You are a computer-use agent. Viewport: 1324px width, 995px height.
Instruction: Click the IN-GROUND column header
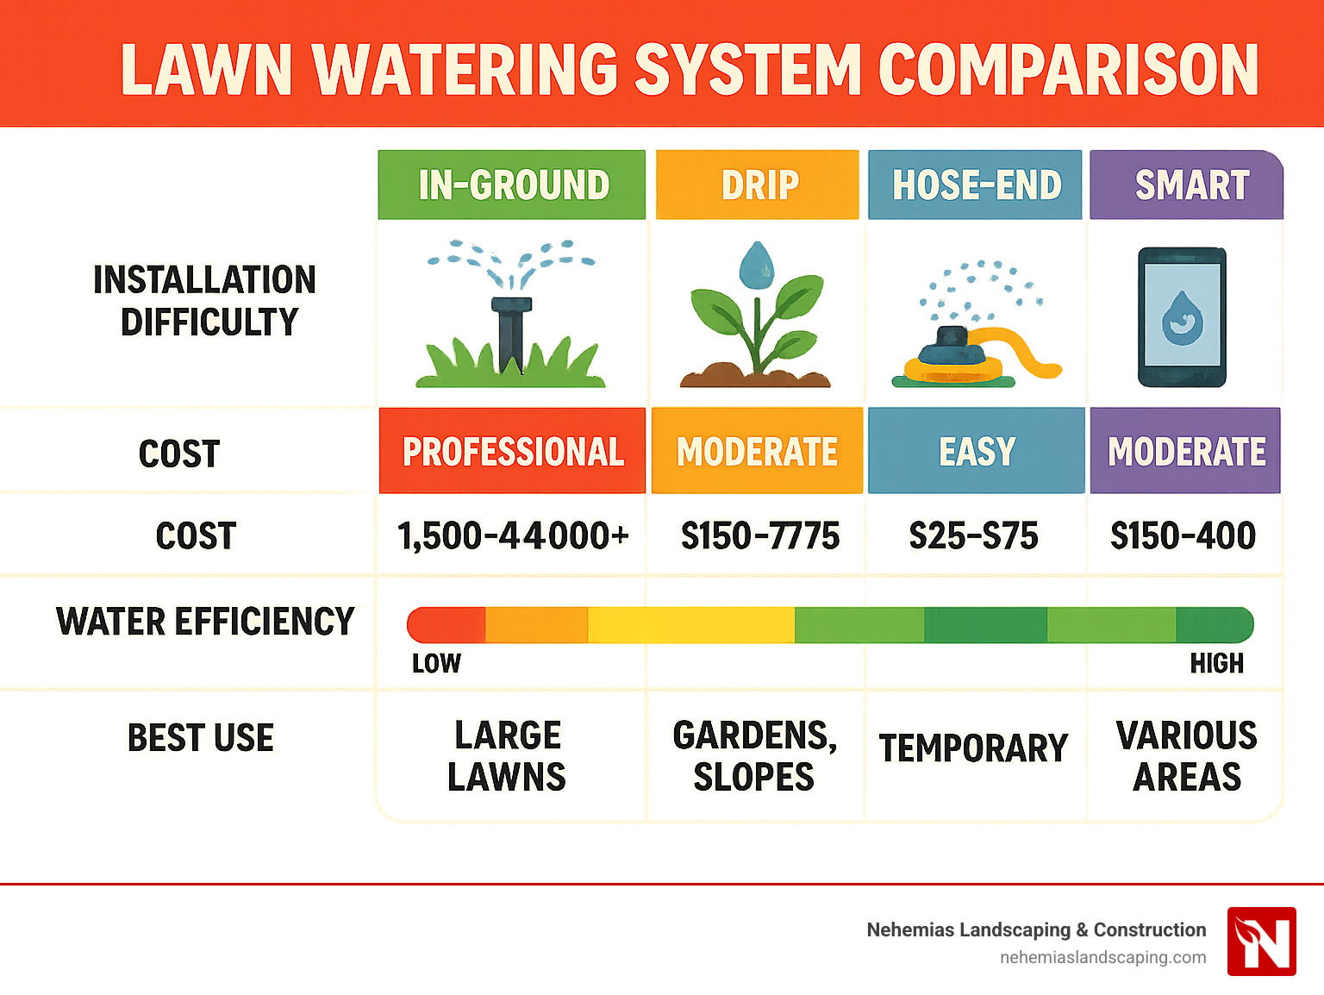pyautogui.click(x=512, y=185)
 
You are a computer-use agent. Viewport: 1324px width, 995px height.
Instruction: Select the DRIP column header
pyautogui.click(x=758, y=185)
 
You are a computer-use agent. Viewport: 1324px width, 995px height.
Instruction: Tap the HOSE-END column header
pyautogui.click(x=975, y=185)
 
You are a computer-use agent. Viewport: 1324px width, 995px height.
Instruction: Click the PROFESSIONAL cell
pyautogui.click(x=512, y=451)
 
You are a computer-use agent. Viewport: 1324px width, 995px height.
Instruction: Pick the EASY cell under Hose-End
pyautogui.click(x=976, y=451)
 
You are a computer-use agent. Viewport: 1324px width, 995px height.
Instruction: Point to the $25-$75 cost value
pyautogui.click(x=973, y=535)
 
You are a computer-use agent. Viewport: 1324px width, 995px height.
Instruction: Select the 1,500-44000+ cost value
pyautogui.click(x=512, y=535)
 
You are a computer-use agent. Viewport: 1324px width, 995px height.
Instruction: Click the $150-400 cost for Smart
pyautogui.click(x=1183, y=535)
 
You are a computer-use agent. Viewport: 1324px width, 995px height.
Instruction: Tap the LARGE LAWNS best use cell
pyautogui.click(x=508, y=756)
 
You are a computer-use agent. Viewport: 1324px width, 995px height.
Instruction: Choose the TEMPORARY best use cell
pyautogui.click(x=973, y=748)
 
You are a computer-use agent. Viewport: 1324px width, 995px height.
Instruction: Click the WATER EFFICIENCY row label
pyautogui.click(x=205, y=622)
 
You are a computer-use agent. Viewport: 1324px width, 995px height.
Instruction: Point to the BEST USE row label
pyautogui.click(x=200, y=738)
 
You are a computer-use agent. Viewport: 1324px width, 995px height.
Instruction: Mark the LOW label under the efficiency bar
pyautogui.click(x=436, y=663)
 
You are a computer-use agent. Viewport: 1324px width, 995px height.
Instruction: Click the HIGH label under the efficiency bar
pyautogui.click(x=1216, y=663)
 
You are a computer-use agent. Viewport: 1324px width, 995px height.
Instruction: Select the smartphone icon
pyautogui.click(x=1182, y=317)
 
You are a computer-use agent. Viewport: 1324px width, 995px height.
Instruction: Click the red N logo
pyautogui.click(x=1261, y=942)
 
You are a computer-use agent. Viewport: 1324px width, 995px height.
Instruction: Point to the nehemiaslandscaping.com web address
pyautogui.click(x=1102, y=957)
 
